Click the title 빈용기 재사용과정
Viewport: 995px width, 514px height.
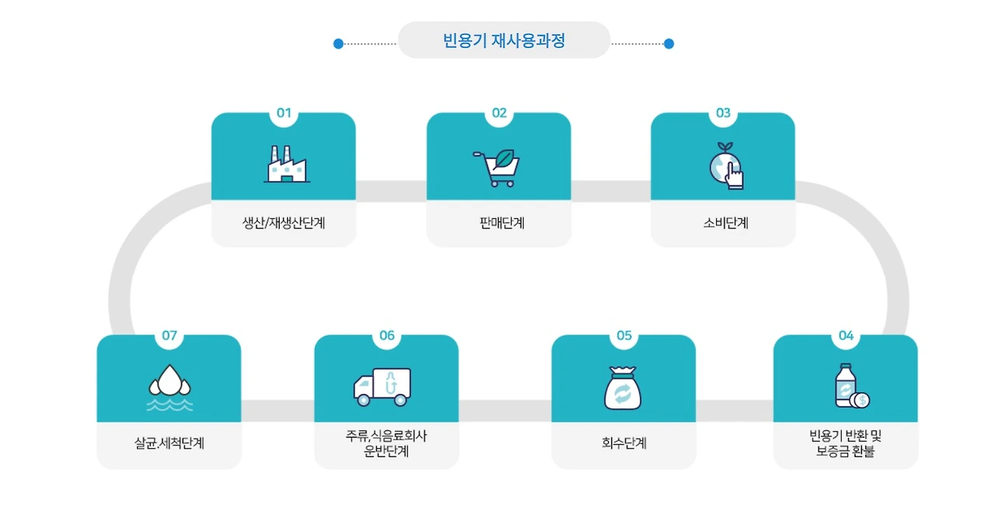(x=504, y=40)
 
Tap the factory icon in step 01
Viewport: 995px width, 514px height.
(x=285, y=164)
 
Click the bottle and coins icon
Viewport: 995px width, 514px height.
(x=850, y=387)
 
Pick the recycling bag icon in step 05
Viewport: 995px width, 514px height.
(x=623, y=387)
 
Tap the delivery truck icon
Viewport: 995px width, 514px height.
(x=382, y=387)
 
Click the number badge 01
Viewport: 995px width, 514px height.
(x=284, y=113)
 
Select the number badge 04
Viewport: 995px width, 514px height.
(x=846, y=335)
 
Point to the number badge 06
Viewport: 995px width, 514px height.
(x=387, y=335)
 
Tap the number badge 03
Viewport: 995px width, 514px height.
(x=723, y=113)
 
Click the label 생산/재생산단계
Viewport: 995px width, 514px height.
(x=283, y=223)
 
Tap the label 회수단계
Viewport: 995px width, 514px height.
(x=624, y=443)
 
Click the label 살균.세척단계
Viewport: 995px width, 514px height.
(x=169, y=444)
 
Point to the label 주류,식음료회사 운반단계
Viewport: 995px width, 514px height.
(x=386, y=444)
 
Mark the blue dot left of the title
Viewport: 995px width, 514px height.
(x=338, y=43)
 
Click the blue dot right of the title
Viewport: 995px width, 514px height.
(x=669, y=43)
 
